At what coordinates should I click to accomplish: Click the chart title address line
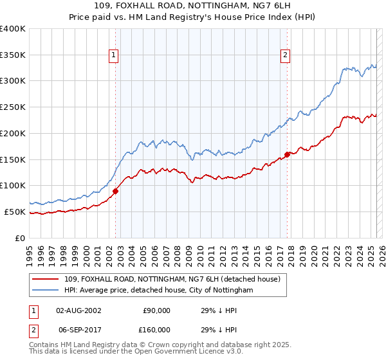(x=192, y=6)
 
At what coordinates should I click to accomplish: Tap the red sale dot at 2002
(x=116, y=190)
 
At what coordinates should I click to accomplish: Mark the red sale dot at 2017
(x=287, y=154)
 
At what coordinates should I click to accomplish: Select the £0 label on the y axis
(x=21, y=238)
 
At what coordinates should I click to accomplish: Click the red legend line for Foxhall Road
(x=46, y=280)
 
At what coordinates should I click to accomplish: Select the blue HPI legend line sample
(x=46, y=291)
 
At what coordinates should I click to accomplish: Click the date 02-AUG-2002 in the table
(x=78, y=310)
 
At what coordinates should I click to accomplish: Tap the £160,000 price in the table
(x=156, y=330)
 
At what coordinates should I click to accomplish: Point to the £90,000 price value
(x=156, y=310)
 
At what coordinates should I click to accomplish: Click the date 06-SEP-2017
(x=78, y=330)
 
